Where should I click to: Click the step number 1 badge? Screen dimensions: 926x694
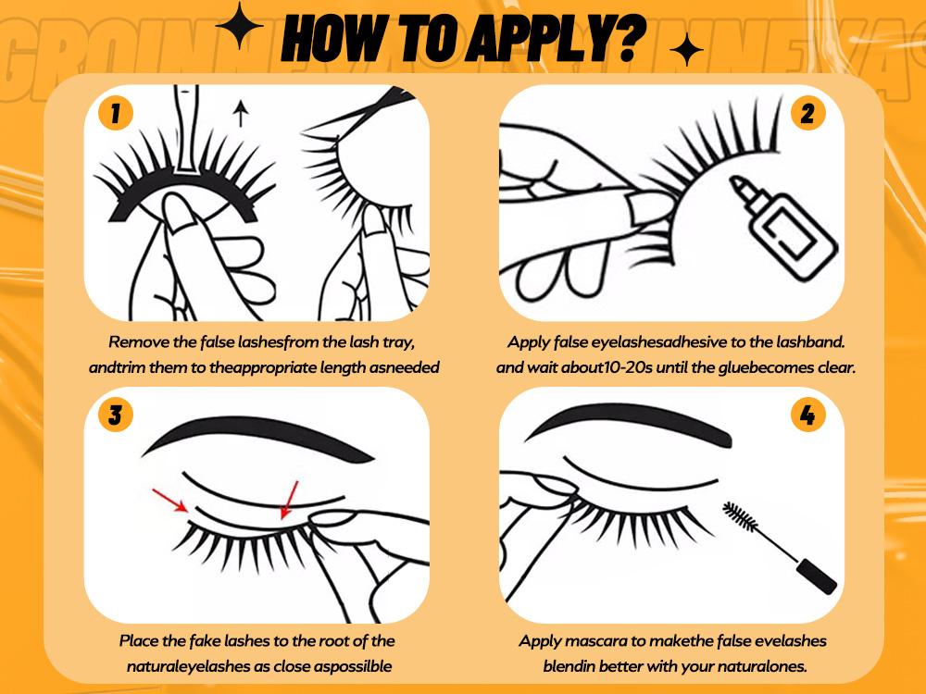(115, 113)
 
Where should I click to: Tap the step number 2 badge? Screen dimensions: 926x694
(807, 113)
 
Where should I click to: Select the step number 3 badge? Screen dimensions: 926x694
(115, 415)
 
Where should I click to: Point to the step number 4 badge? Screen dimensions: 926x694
(807, 415)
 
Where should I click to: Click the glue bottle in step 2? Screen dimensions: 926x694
(782, 227)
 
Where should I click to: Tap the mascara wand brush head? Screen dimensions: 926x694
(739, 517)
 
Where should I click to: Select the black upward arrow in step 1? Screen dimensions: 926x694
(240, 113)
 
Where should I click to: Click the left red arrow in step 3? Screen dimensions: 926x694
(170, 500)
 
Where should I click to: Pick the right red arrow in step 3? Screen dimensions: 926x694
(289, 500)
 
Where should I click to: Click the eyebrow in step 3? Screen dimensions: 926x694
(257, 438)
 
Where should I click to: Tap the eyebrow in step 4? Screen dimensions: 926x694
(628, 420)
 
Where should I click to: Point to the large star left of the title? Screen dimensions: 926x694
(239, 25)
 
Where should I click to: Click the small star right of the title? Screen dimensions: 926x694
(686, 50)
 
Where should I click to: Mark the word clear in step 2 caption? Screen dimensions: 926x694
(836, 367)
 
